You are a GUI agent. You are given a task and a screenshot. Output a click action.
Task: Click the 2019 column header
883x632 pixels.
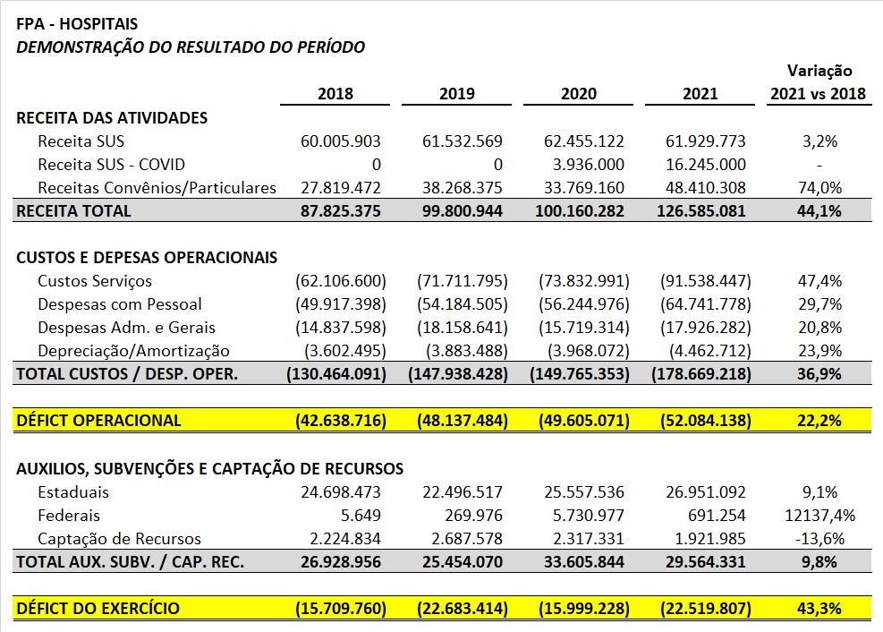tap(456, 93)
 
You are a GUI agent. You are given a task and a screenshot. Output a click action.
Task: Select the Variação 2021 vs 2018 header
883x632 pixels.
tap(818, 82)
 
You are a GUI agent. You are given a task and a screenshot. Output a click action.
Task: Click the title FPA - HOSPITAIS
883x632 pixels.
tap(77, 23)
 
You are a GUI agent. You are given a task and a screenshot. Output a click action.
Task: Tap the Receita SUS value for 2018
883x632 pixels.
tap(340, 141)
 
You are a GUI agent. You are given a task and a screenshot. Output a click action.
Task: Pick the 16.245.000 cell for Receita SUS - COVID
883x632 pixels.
tap(706, 165)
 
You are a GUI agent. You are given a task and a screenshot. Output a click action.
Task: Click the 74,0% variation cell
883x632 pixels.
tap(819, 188)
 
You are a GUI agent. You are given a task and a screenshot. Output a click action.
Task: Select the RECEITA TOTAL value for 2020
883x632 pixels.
tap(580, 211)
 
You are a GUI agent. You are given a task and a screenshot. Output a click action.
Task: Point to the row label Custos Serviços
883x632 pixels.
tap(95, 281)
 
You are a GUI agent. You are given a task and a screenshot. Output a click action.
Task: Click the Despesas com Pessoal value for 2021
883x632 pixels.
tap(706, 304)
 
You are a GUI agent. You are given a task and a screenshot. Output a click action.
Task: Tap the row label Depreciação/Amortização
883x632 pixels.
tap(133, 351)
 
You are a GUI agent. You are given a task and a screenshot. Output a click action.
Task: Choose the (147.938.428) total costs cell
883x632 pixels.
tap(458, 374)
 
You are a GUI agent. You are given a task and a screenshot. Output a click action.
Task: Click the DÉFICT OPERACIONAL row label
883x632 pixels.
tap(98, 421)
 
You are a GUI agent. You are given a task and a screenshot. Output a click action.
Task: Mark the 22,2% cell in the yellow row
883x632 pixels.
tap(819, 421)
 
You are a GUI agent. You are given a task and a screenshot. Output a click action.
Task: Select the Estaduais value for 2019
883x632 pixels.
tap(463, 491)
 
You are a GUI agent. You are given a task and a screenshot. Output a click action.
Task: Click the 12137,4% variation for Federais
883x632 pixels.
tap(819, 516)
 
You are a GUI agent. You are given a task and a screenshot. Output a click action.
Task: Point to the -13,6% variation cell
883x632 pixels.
tap(819, 539)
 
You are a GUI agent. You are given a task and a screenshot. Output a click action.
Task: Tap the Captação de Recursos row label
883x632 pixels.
tap(119, 539)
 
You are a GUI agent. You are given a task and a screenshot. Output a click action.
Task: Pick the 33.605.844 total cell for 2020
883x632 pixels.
tap(584, 562)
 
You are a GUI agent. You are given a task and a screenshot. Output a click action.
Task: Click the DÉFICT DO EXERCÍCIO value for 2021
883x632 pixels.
tap(706, 609)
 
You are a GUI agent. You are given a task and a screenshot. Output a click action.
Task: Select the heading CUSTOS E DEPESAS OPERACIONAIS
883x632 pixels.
tap(147, 258)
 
